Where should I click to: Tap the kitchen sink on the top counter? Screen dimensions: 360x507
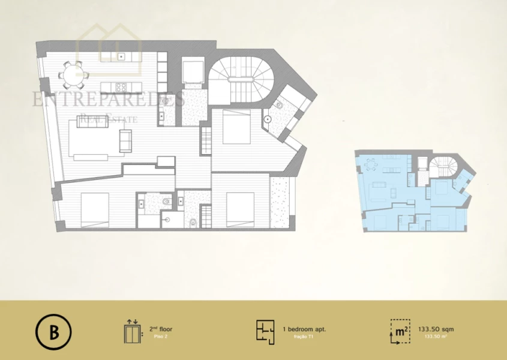121,57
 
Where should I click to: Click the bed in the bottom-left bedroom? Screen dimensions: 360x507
95,209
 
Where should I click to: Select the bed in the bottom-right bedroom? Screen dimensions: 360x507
241,209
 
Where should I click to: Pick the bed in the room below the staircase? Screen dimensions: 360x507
236,127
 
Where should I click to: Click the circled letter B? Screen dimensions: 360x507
53,332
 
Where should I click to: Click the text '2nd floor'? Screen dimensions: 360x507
161,329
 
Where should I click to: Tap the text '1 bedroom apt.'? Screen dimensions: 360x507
304,329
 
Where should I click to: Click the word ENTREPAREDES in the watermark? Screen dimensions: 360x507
108,99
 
